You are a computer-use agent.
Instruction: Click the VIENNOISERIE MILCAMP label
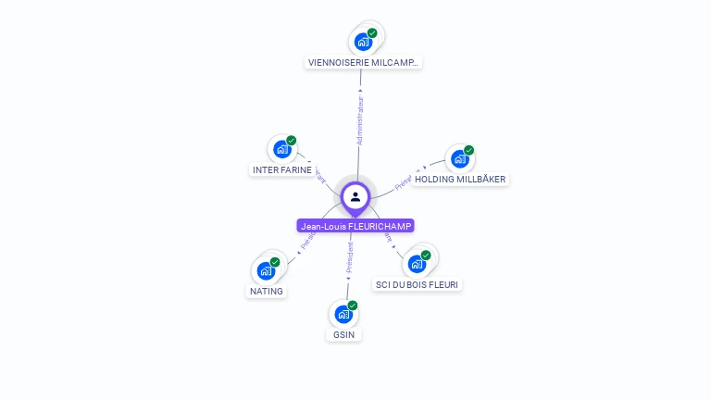coord(363,63)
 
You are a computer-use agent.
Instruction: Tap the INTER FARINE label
coord(282,170)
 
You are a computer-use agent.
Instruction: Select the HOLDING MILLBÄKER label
coord(460,180)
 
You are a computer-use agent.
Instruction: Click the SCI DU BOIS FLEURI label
coord(417,284)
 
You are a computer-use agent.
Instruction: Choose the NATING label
coord(267,291)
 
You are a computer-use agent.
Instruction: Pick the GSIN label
coord(343,334)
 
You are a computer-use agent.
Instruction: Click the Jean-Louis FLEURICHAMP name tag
coord(356,226)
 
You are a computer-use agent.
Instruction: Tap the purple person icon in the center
coord(355,196)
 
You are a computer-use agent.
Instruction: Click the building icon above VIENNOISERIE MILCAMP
coord(363,42)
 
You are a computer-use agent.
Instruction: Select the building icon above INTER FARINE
coord(281,150)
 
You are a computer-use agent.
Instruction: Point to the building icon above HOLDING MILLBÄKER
coord(459,158)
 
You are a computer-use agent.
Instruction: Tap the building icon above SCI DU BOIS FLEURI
coord(417,264)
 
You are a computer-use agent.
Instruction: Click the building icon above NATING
coord(265,271)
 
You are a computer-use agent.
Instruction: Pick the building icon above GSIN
coord(343,315)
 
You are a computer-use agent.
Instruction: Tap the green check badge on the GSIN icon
coord(353,306)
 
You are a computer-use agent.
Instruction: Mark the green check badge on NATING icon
coord(275,262)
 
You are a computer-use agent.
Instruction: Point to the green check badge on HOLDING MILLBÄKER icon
coord(468,150)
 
